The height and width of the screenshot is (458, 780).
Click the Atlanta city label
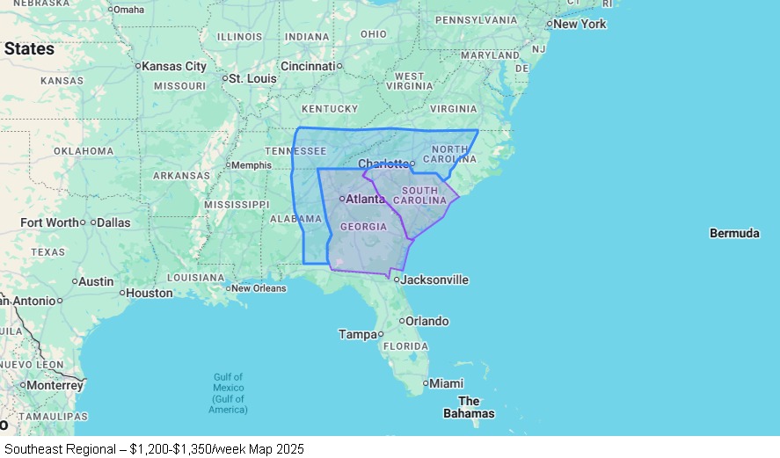(365, 199)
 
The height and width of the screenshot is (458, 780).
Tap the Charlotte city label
(383, 164)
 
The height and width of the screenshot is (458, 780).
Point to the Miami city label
(447, 383)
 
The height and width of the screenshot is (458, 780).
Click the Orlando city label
(426, 321)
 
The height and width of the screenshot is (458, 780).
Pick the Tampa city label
(358, 334)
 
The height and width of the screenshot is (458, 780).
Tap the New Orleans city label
(259, 288)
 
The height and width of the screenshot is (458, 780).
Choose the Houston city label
(149, 293)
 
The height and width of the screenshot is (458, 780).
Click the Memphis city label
(251, 164)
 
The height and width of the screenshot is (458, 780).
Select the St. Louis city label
(253, 78)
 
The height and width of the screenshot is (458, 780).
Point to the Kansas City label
(174, 66)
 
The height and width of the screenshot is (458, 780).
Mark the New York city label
(580, 24)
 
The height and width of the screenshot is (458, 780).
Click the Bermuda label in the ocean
(734, 233)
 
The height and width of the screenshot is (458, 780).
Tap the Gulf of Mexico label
(228, 393)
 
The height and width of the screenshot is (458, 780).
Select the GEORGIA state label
(363, 227)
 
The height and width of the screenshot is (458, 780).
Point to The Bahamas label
(468, 407)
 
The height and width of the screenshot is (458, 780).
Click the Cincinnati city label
(308, 66)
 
